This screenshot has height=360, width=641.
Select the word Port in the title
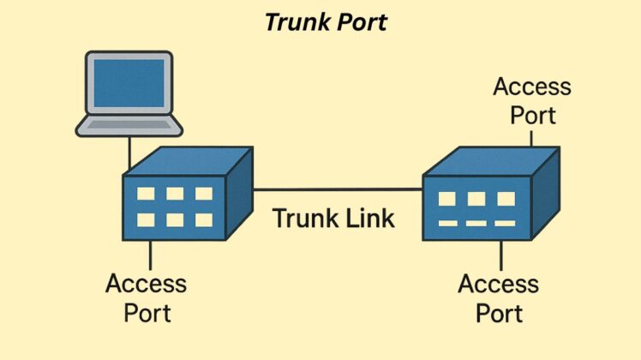point(360,21)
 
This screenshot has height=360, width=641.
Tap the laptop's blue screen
point(129,83)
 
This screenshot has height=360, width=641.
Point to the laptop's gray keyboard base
point(129,126)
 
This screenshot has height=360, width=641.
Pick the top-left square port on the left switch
point(146,194)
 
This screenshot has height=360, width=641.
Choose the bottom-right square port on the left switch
point(204,219)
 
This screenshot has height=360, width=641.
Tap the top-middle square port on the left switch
point(175,194)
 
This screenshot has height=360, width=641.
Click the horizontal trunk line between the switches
point(338,190)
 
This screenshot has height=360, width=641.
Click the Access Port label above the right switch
point(532,100)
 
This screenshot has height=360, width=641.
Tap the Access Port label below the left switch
point(147,297)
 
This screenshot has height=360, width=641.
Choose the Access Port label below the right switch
point(499,297)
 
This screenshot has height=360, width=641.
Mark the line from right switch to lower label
point(501,255)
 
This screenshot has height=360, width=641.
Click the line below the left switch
point(151,255)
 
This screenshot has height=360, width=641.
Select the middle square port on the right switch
point(476,199)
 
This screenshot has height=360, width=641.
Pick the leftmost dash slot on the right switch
point(447,224)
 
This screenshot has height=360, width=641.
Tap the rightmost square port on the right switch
point(506,199)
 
